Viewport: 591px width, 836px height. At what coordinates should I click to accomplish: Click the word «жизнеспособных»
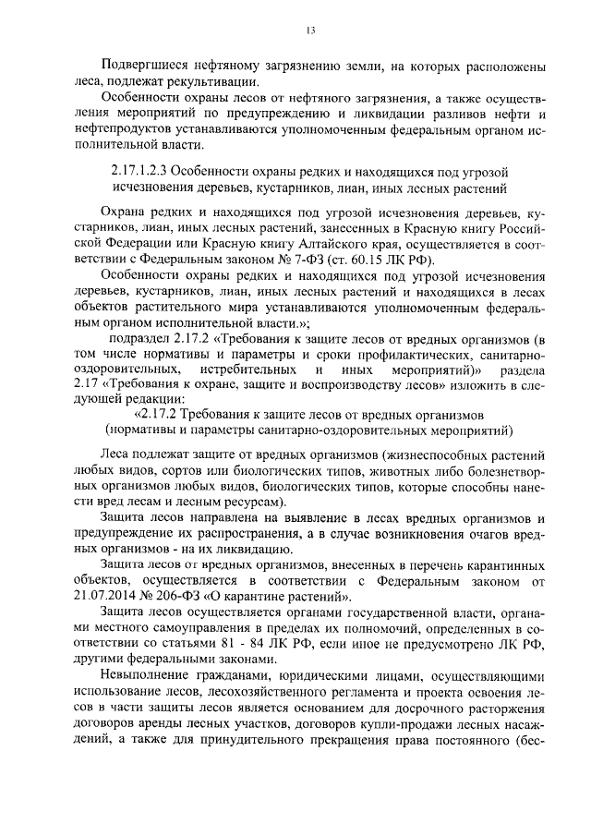(x=432, y=455)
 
